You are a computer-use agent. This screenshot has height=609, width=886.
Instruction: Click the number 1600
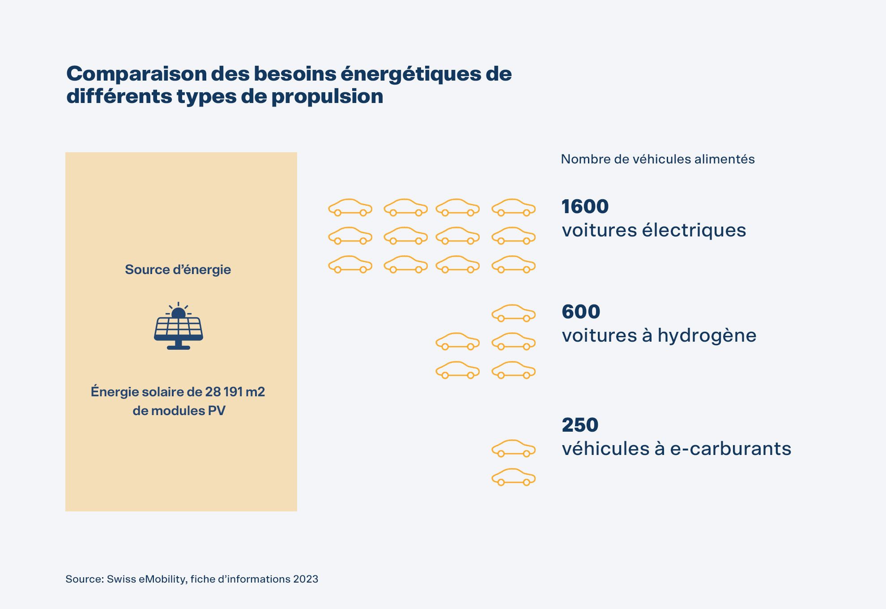[585, 206]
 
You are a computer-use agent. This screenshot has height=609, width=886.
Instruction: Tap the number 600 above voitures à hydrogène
[581, 312]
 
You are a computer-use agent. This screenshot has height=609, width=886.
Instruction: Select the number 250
[580, 425]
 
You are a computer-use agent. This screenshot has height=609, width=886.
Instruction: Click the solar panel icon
[179, 331]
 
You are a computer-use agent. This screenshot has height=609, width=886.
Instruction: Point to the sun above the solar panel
[179, 312]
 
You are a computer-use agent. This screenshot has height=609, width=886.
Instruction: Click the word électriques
[694, 230]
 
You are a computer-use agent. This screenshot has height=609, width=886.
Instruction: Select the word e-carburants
[730, 449]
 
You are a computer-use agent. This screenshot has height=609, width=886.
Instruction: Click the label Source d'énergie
[178, 270]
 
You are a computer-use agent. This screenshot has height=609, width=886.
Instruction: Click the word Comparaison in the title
[136, 74]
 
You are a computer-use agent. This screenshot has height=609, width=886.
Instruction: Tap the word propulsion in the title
[327, 96]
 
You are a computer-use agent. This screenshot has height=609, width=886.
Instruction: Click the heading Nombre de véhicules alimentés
[657, 159]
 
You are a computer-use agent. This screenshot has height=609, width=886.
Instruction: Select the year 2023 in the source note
[306, 579]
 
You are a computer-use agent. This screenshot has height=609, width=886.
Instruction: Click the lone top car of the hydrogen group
[513, 313]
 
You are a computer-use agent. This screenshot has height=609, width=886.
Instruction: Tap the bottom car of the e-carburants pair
[513, 477]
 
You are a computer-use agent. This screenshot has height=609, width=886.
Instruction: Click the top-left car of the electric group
[350, 208]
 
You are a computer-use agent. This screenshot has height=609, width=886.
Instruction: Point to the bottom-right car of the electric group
[513, 265]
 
